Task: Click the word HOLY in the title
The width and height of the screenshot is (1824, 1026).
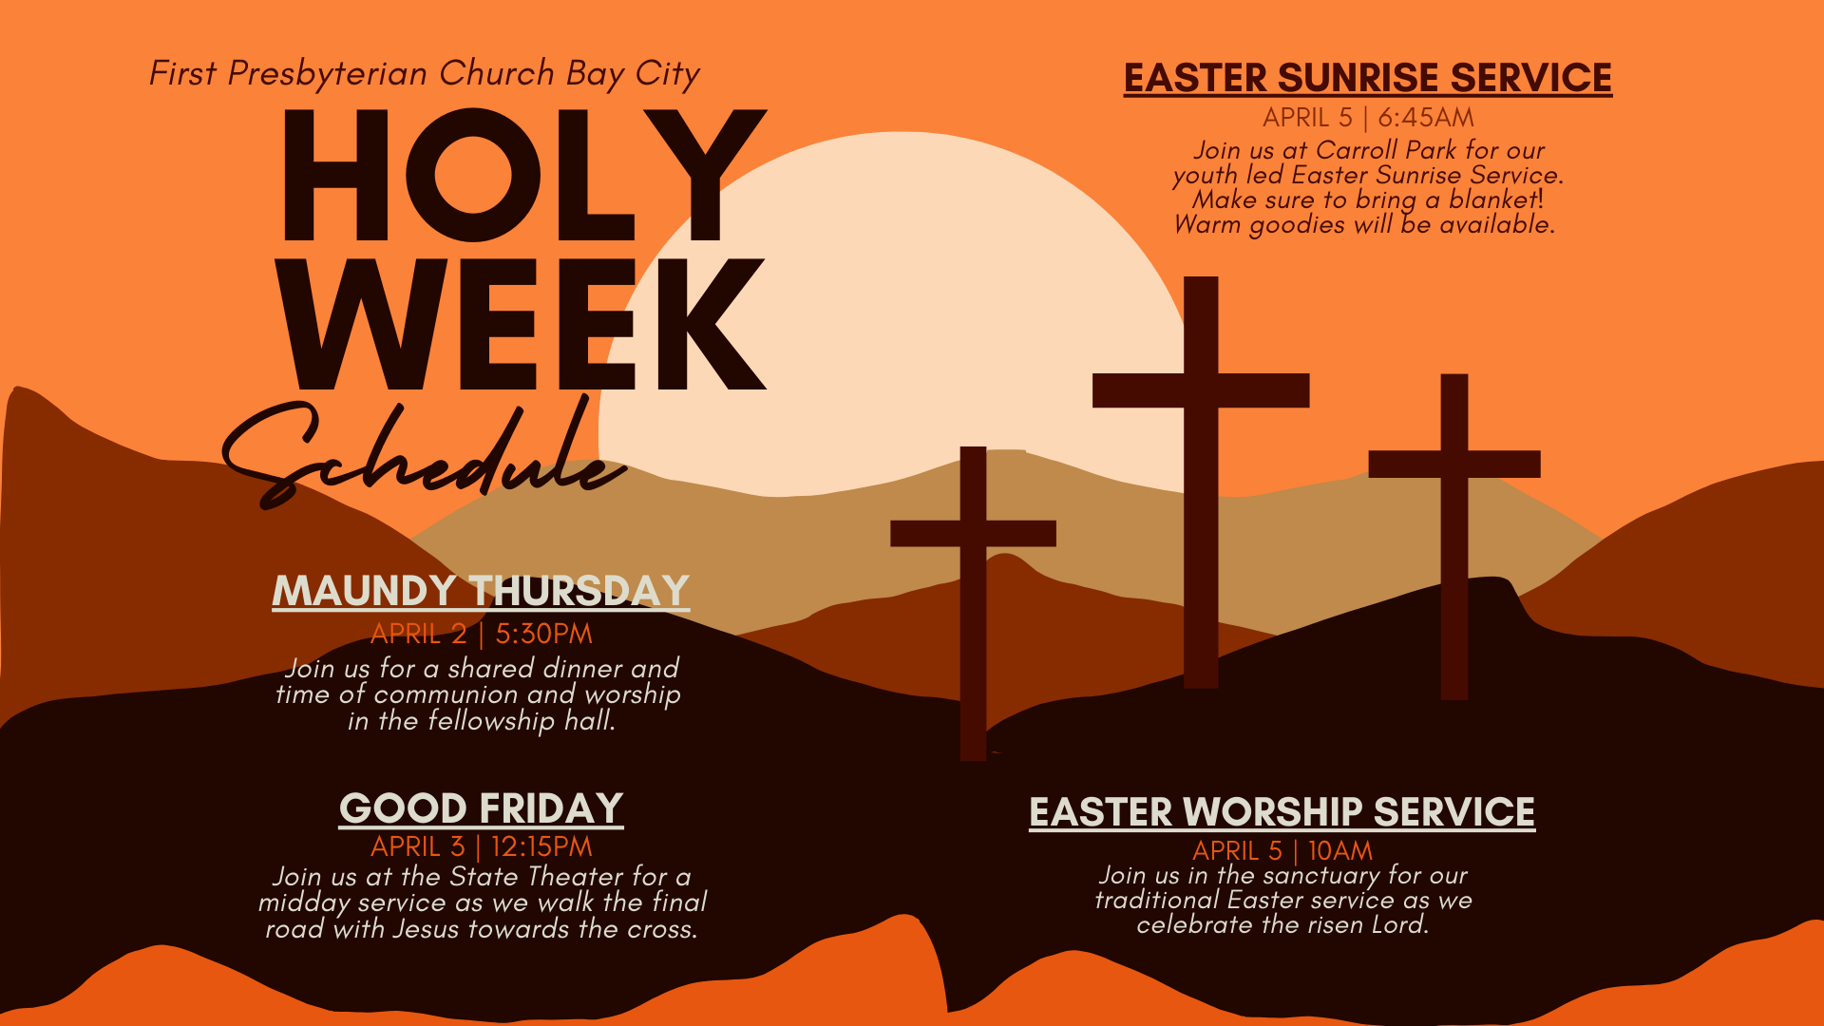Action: coord(522,176)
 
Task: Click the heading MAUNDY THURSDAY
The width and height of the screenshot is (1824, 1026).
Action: coord(481,591)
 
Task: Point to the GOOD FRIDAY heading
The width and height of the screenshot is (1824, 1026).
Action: coord(481,808)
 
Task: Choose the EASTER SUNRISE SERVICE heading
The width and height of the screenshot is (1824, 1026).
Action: coord(1367,78)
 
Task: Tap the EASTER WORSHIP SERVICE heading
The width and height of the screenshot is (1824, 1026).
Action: coord(1282,812)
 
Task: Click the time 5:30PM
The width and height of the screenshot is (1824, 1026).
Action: coord(543,634)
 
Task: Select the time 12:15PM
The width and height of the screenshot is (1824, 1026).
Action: coord(541,846)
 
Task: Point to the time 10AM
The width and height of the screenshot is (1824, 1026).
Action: coord(1340,850)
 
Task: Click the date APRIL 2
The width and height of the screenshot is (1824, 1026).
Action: coord(418,634)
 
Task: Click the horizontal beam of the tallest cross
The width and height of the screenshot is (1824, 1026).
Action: coord(1201,390)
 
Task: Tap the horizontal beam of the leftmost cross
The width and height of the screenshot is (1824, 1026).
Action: coord(973,533)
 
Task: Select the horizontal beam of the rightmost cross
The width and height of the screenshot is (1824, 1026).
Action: coord(1453,464)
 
